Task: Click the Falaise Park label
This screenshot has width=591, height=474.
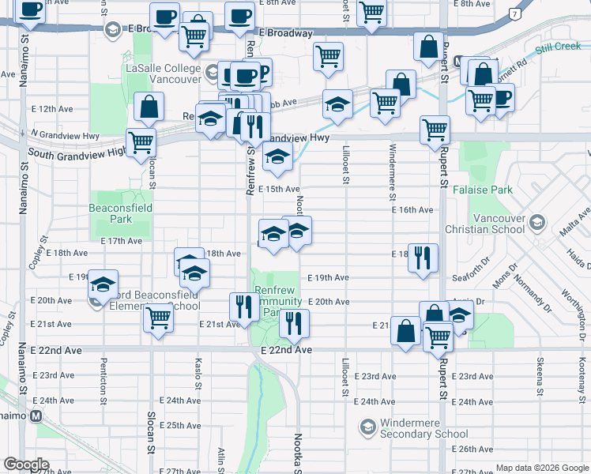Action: pos(483,190)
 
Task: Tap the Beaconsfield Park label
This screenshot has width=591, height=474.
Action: pos(120,213)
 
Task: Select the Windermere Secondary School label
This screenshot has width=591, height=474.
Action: pos(423,428)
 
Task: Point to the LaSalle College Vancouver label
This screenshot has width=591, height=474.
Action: pos(164,74)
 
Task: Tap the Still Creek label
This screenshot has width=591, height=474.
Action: pos(558,47)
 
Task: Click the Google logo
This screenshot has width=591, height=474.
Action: pos(25,465)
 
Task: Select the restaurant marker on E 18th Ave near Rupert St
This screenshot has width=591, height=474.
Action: pos(423,257)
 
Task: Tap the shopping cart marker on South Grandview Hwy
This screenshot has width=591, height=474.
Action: pos(141,142)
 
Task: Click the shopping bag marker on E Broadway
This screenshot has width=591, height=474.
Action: pos(428,47)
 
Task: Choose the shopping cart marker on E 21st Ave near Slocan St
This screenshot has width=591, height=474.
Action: pos(158,318)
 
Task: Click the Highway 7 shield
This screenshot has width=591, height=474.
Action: pos(515,13)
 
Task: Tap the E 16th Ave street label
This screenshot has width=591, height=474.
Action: pos(412,210)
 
